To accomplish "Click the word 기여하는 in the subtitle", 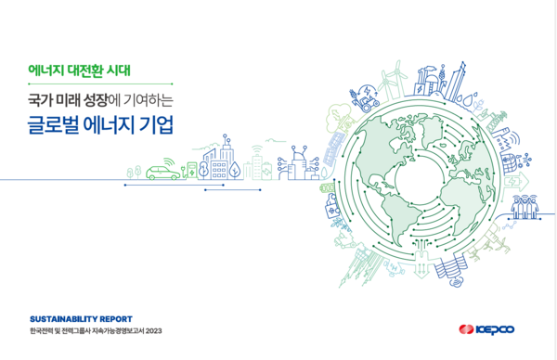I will click(x=156, y=96).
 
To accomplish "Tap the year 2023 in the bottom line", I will click(x=153, y=330).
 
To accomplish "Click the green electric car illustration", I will click(x=163, y=172).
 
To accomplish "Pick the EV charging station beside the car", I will click(x=191, y=171).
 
